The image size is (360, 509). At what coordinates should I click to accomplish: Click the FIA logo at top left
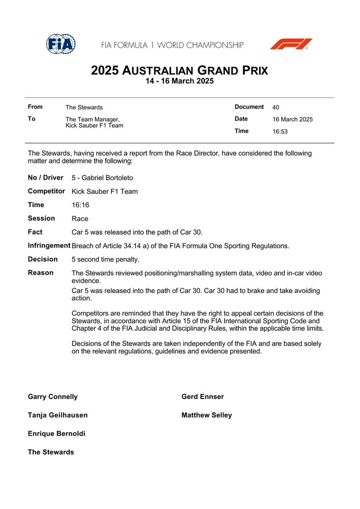point(61,44)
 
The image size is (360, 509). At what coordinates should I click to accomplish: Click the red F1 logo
point(291,44)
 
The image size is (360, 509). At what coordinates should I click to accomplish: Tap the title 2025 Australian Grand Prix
point(179,71)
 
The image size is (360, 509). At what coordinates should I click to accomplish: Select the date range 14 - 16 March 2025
point(179,81)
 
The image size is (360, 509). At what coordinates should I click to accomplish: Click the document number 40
point(275,107)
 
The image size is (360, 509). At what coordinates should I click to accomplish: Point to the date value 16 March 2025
point(292,120)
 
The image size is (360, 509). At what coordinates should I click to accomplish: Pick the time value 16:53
point(280,132)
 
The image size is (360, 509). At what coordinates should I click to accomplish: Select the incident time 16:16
point(80,205)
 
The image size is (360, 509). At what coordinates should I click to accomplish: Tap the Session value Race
point(80,219)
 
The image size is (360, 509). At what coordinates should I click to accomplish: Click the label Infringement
point(49,246)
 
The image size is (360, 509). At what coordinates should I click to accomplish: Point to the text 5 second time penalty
point(105,260)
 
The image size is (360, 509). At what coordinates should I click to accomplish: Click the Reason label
point(40,273)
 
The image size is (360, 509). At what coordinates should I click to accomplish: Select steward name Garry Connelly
point(52,397)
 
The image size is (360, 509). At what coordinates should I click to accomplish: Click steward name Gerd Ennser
point(202,397)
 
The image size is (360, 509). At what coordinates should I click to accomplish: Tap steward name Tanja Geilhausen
point(58,415)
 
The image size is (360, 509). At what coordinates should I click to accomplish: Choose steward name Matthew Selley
point(206,415)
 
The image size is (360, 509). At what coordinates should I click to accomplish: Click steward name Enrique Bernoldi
point(57,434)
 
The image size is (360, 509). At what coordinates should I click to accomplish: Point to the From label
point(35,107)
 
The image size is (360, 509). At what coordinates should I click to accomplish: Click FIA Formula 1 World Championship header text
point(172,45)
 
